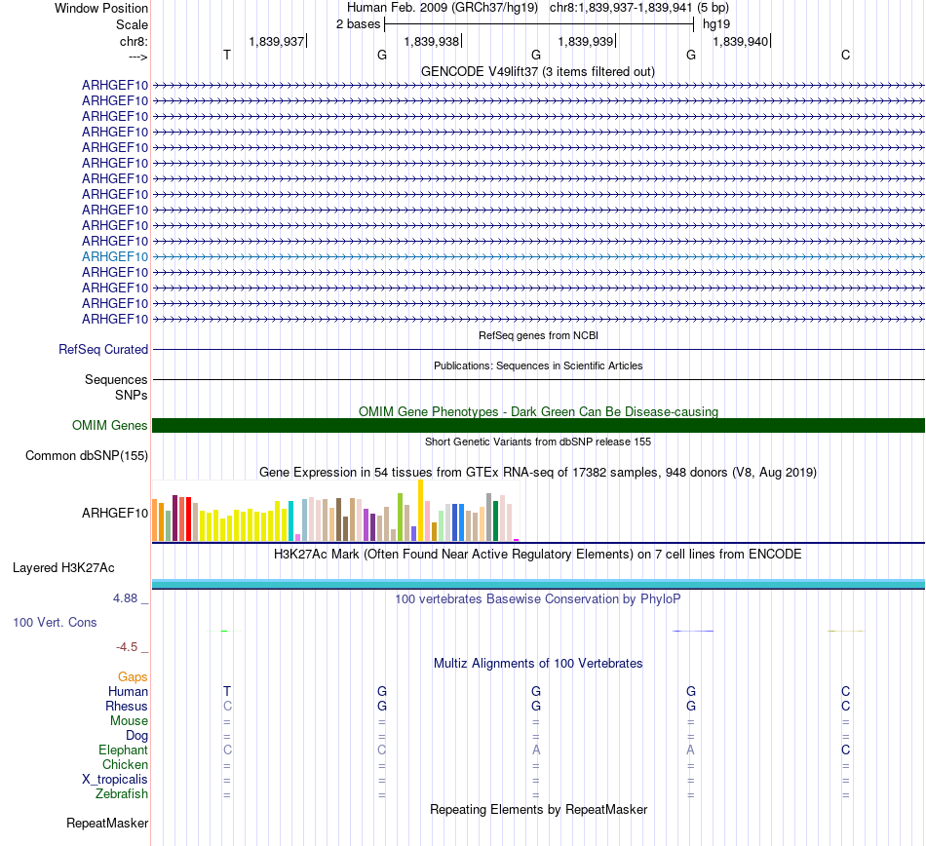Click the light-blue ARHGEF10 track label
pos(115,256)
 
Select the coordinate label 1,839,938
pos(431,42)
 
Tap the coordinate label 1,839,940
pos(741,42)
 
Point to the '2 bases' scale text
pos(358,23)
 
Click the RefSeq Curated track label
pos(103,350)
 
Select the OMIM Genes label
pos(110,426)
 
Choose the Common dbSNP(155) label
pos(87,456)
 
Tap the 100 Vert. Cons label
pos(55,622)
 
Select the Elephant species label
pos(123,750)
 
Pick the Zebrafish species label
pos(122,794)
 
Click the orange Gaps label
pos(133,676)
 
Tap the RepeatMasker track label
pos(107,824)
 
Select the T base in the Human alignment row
pos(227,691)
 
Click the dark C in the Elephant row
pos(845,750)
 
